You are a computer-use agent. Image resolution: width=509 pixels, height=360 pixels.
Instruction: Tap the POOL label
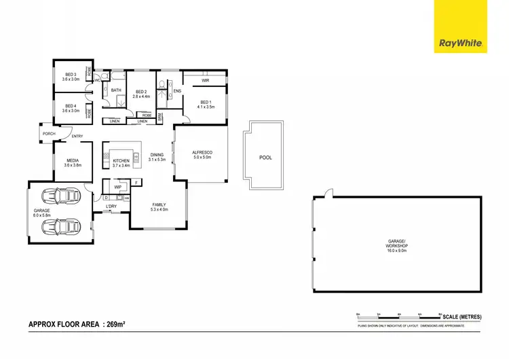pos(265,158)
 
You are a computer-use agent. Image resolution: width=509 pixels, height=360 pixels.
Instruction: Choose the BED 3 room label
pos(71,75)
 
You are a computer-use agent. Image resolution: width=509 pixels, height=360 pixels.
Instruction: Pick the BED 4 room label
pos(71,106)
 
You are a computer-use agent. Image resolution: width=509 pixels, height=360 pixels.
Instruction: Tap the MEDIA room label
pos(72,161)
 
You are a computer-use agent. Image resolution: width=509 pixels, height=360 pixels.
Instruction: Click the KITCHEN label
pos(121,161)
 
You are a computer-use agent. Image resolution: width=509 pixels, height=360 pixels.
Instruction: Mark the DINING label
pos(157,154)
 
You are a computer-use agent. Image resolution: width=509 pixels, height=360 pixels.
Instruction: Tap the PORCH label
pos(48,134)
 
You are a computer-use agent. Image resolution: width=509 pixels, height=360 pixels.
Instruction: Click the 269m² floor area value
pos(114,325)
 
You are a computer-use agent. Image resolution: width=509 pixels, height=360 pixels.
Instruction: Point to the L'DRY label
pos(111,206)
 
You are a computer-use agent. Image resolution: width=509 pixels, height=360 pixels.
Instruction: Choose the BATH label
pos(116,90)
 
